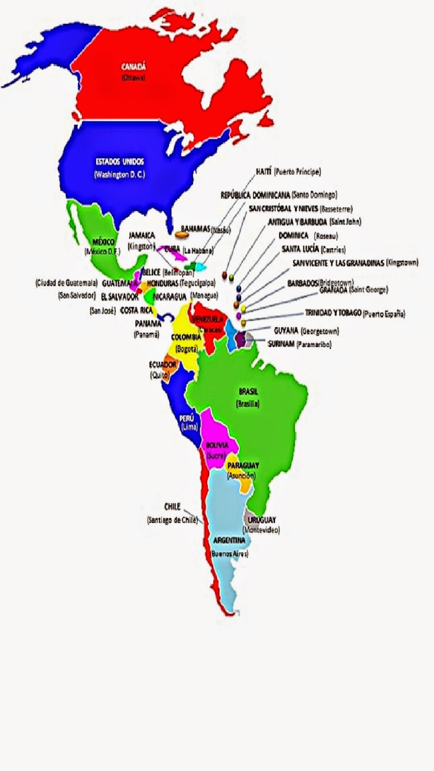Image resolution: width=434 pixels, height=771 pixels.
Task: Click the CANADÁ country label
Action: point(134,67)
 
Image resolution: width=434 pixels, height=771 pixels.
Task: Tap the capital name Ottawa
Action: point(133,78)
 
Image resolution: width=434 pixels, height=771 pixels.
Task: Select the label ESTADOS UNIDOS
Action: point(120,161)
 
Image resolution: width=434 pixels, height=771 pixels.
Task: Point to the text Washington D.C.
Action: point(120,174)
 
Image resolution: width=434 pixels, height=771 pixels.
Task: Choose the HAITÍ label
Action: point(264,171)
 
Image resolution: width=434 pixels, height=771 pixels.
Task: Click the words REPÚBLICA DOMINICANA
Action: point(256,195)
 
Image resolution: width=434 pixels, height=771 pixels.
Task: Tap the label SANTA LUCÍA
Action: point(300,249)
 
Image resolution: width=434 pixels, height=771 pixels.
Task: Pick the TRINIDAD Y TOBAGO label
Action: point(333,313)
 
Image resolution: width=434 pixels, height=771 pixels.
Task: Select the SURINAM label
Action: point(281,344)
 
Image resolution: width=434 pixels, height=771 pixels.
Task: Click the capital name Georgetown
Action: point(320,332)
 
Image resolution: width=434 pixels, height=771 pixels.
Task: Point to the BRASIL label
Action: point(248,392)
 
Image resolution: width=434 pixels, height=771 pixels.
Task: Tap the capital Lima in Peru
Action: point(187,427)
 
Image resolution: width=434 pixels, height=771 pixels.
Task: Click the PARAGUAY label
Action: point(243,465)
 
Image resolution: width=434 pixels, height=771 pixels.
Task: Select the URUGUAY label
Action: point(262,520)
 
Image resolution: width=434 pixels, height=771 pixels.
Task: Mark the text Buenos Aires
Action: point(230,554)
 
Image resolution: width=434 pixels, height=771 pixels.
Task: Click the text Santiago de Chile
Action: point(172,520)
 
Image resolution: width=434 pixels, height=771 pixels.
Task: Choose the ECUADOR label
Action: point(162,365)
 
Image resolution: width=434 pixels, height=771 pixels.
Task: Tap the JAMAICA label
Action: point(141,235)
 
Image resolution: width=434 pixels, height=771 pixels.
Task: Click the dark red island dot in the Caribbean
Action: point(224,275)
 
